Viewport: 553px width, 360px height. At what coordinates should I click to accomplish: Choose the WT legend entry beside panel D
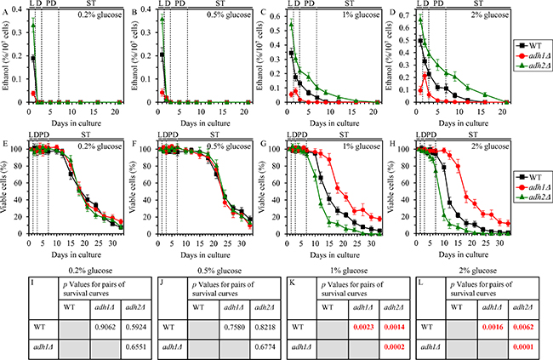pos(533,41)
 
